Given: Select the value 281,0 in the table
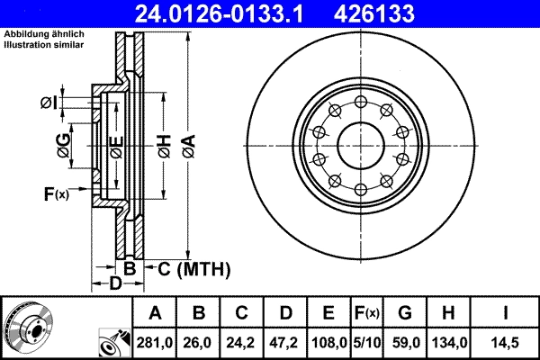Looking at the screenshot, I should pyautogui.click(x=155, y=343).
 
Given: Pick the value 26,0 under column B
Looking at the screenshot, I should pyautogui.click(x=199, y=343).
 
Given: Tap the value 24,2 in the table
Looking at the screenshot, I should pyautogui.click(x=242, y=343).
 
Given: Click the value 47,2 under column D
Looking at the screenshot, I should pyautogui.click(x=285, y=343).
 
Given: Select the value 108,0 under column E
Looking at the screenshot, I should pyautogui.click(x=328, y=343).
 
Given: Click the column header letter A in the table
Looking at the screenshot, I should pyautogui.click(x=155, y=314).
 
